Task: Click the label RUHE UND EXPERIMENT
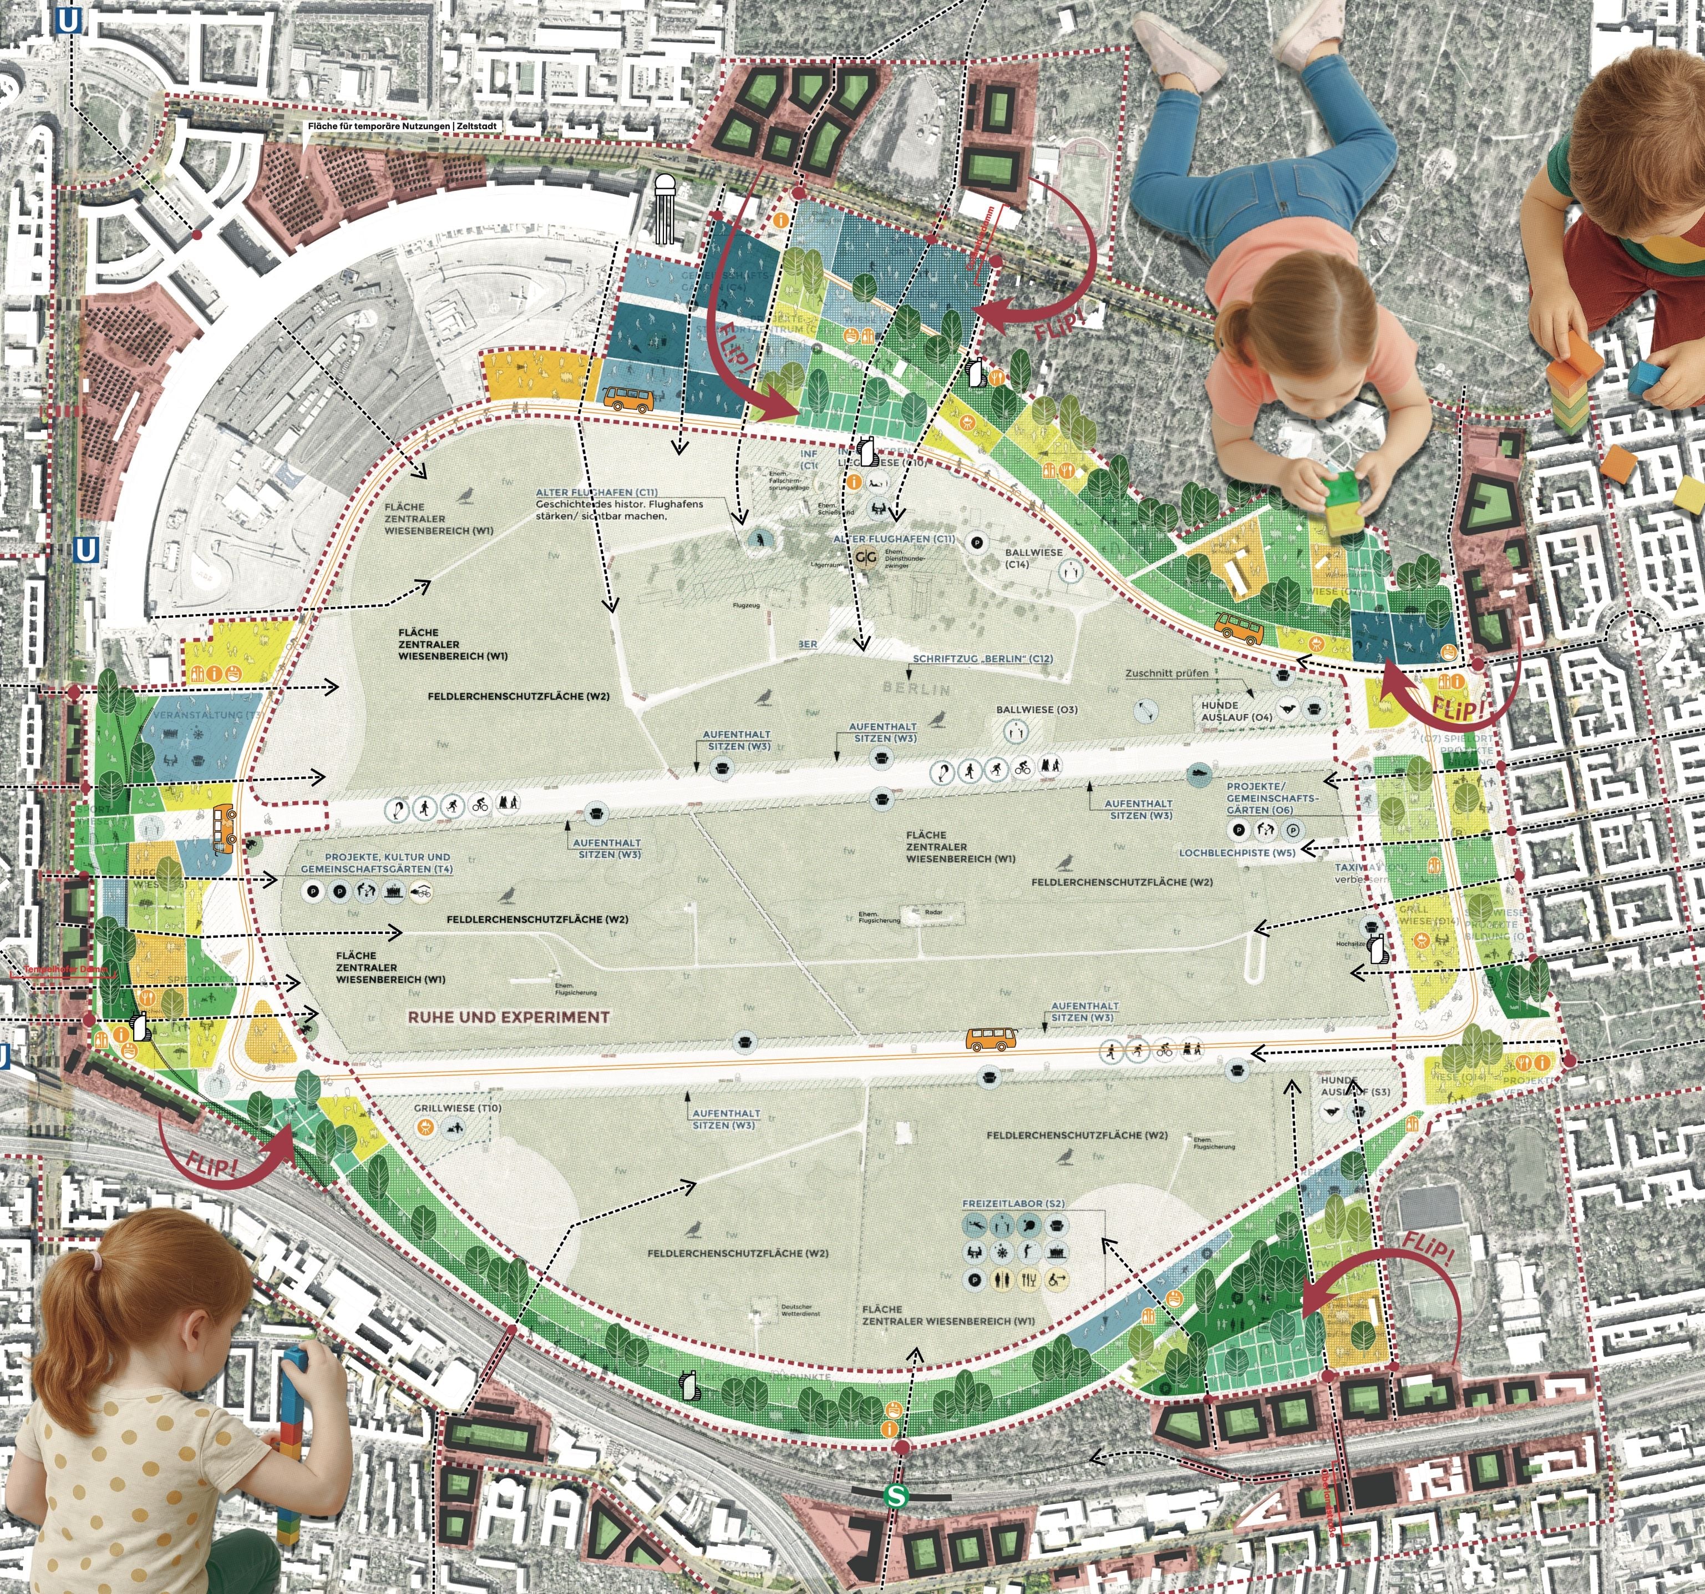click(x=509, y=1017)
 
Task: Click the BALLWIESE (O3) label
click(x=1036, y=710)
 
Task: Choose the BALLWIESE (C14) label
click(x=1033, y=558)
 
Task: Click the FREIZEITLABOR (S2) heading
click(x=1014, y=1204)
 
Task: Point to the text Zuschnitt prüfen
click(x=1166, y=673)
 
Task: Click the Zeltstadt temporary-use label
click(x=402, y=126)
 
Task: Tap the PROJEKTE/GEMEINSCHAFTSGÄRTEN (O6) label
click(x=1271, y=798)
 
